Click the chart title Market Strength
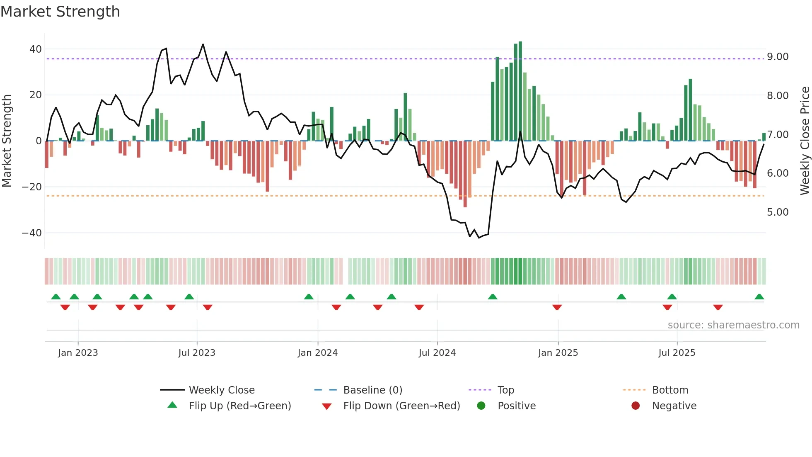60,12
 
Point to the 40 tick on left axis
36,49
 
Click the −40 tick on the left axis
32,233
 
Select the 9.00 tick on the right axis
778,57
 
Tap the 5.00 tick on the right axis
778,212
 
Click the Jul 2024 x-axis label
437,353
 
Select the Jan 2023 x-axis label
78,353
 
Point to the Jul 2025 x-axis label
677,353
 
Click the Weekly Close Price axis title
805,141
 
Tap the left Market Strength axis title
7,141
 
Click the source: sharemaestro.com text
733,325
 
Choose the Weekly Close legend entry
222,390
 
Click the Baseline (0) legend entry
372,390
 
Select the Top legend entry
505,390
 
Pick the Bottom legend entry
670,390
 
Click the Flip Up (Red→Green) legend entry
239,406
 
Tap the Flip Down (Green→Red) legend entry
401,406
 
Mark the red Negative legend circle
636,406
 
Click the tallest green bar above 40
520,91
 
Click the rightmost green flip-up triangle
759,297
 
